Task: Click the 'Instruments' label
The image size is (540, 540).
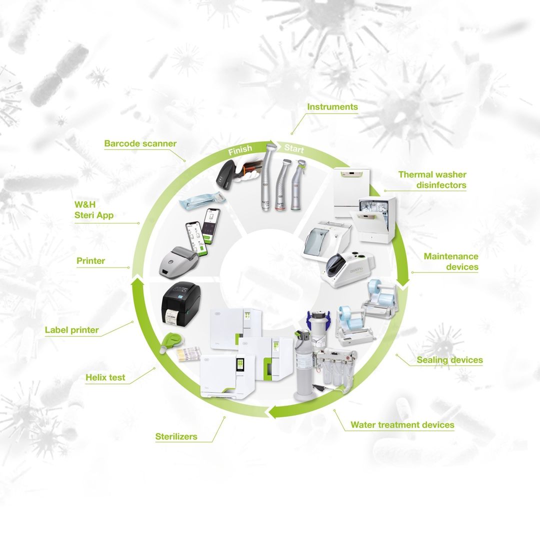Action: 332,107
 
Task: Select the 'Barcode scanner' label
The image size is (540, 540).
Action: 140,143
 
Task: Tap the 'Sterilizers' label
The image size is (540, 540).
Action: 176,436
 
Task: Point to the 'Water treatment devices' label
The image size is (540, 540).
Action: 402,424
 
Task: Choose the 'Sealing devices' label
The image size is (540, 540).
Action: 450,360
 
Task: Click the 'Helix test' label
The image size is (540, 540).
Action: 105,377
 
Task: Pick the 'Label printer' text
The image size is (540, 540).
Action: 72,330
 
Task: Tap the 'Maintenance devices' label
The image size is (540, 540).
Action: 451,261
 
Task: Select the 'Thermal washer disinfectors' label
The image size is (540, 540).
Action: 432,180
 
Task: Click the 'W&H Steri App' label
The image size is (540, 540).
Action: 94,209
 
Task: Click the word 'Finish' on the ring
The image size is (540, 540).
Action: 240,150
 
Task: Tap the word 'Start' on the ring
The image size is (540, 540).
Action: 294,148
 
